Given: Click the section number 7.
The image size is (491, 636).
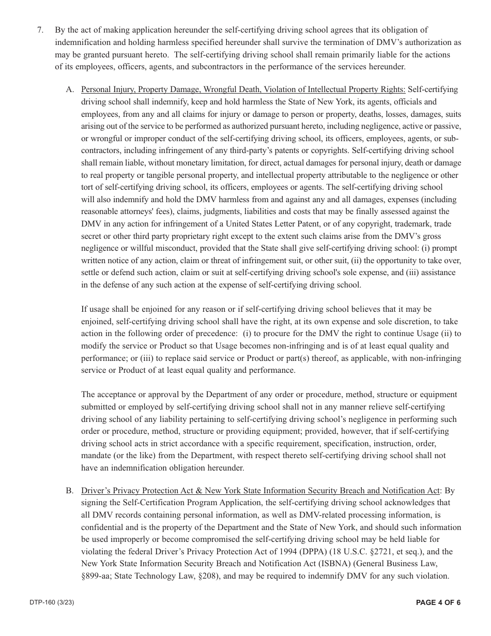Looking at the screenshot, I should pyautogui.click(x=40, y=30).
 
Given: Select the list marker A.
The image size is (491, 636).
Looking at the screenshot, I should pyautogui.click(x=70, y=89).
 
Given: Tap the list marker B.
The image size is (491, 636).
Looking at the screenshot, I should pyautogui.click(x=70, y=490).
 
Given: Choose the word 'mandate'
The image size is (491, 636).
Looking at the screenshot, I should pyautogui.click(x=97, y=456).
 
